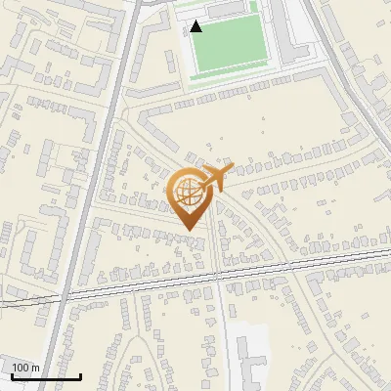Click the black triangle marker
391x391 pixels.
[196, 26]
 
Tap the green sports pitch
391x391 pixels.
[229, 44]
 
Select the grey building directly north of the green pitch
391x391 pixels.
[231, 9]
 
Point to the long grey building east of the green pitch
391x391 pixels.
[292, 29]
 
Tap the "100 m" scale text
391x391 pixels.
[26, 368]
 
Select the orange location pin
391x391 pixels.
[189, 195]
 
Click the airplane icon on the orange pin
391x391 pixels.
[217, 177]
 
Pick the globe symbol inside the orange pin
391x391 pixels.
[188, 192]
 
